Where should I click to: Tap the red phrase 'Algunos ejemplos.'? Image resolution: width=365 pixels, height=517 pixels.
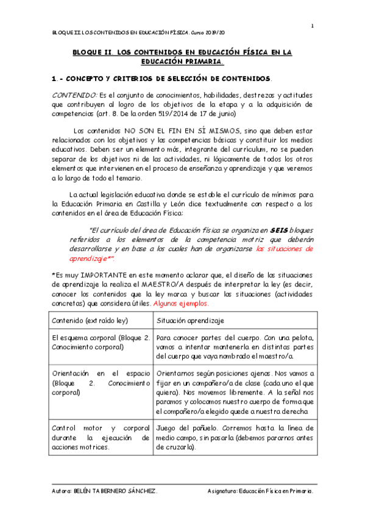181,303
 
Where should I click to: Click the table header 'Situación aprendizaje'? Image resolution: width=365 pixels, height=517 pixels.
191,320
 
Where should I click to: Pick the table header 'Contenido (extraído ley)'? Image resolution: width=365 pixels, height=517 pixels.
91,320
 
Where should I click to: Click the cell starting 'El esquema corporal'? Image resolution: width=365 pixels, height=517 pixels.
101,342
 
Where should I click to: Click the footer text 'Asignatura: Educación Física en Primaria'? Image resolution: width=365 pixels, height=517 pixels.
260,491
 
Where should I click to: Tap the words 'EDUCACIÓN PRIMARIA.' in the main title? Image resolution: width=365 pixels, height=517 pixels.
182,62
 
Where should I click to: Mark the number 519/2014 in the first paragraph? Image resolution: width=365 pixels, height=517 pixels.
199,113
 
